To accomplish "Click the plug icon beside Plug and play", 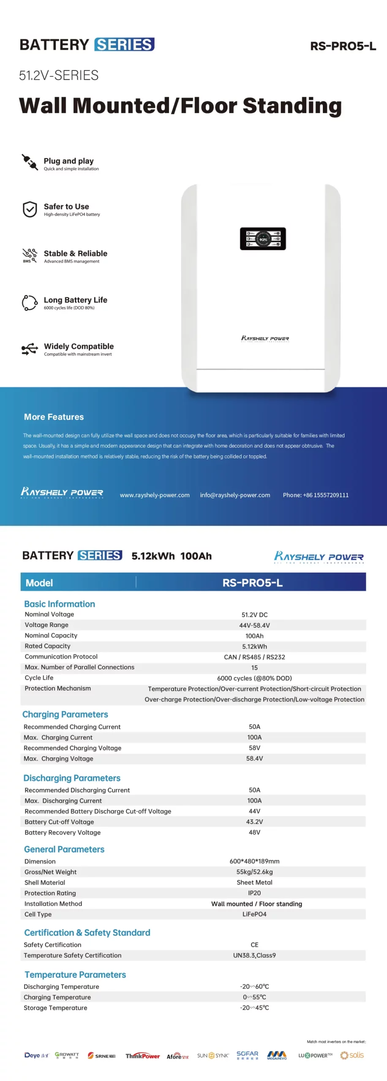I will click(30, 162).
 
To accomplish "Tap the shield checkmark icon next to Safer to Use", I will click(30, 209).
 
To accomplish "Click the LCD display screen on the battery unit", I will click(263, 239).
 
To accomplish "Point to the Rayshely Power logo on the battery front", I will click(265, 338).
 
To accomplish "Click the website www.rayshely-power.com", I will click(155, 495).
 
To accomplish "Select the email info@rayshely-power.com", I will click(235, 495).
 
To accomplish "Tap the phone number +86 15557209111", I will click(316, 495).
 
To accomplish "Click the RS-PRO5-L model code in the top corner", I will click(343, 46).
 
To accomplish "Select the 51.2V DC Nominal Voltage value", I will click(254, 615).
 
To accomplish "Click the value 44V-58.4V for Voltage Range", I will click(254, 625).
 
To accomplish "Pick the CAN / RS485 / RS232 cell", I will click(254, 657).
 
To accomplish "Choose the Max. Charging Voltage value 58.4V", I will click(254, 758).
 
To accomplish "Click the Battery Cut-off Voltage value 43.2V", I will click(254, 822).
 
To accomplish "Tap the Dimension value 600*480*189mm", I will click(254, 861).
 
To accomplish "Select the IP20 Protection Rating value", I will click(254, 893).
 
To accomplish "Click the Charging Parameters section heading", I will click(65, 714).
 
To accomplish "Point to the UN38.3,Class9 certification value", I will click(254, 955).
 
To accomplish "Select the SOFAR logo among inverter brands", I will click(247, 1055).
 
